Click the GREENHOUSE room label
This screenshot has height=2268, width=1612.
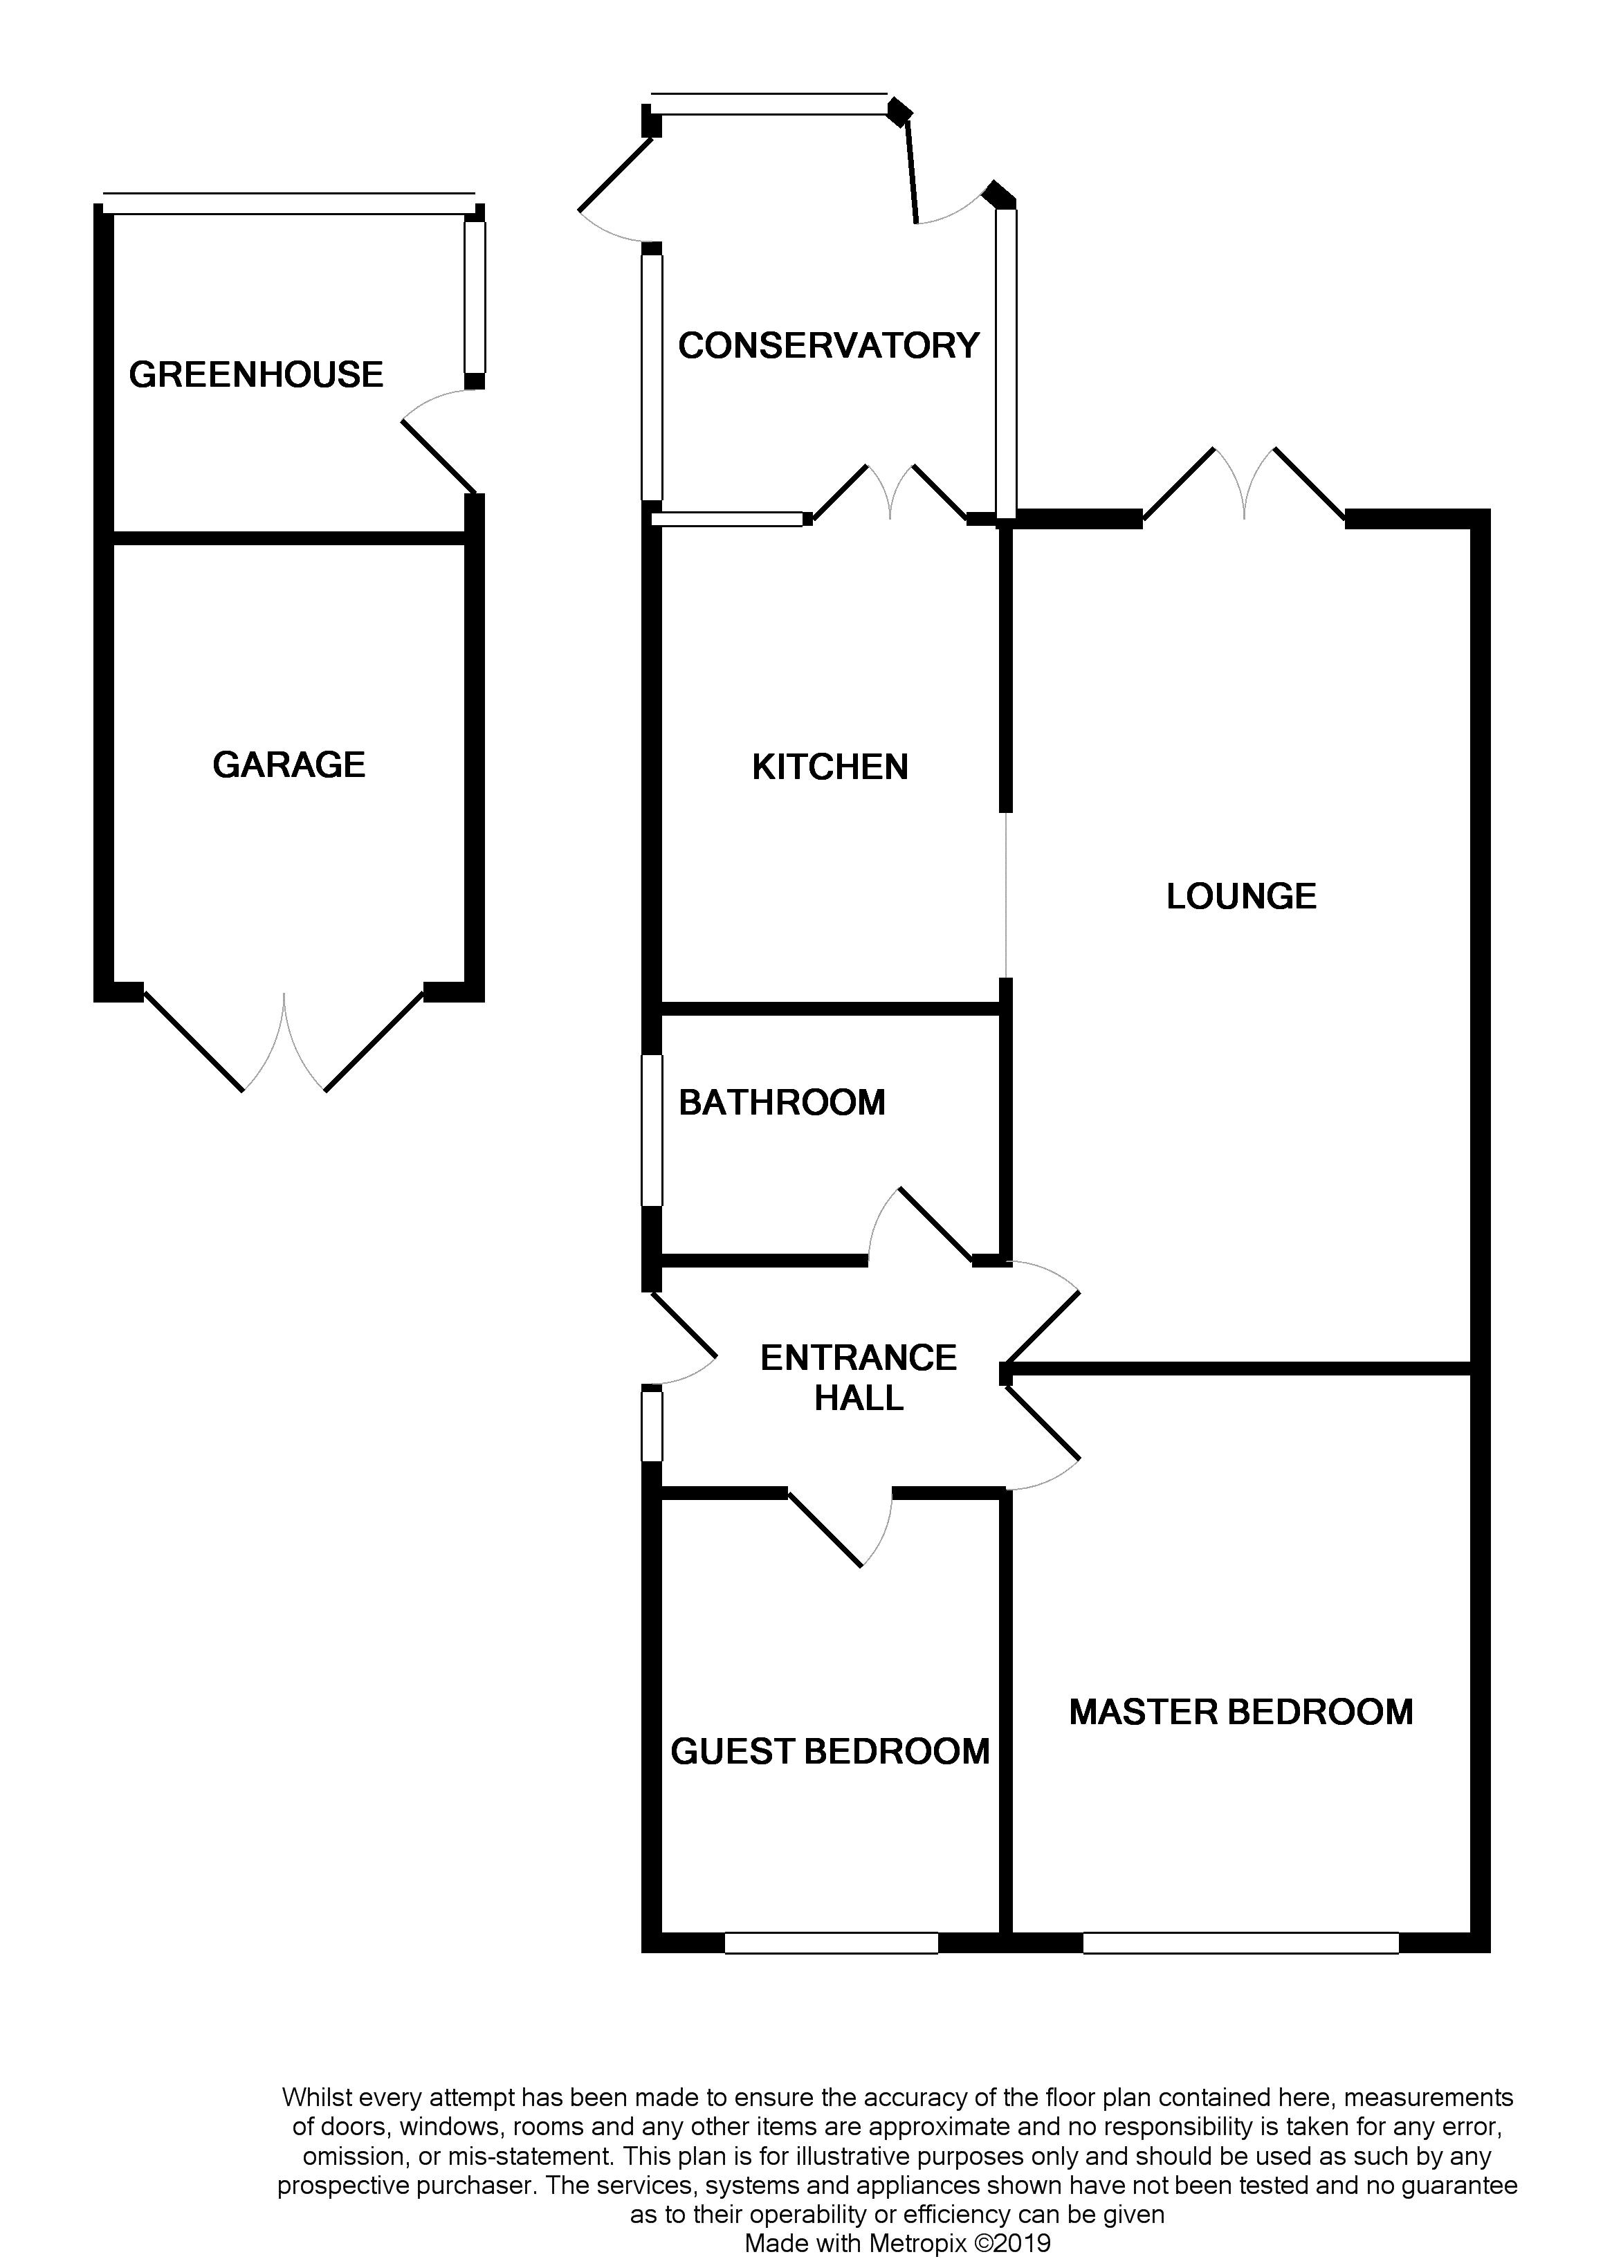tap(256, 374)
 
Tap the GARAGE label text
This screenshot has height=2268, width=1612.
tap(289, 765)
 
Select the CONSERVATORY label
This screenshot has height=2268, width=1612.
tap(829, 345)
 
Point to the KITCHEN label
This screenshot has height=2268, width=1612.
tap(830, 767)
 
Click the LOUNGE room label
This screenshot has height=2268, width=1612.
tap(1240, 896)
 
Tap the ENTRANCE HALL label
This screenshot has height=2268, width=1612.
tap(859, 1378)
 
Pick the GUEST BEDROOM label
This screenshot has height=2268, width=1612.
tap(830, 1752)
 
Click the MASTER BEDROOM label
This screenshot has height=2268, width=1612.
tap(1240, 1712)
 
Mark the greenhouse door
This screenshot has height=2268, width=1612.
tap(437, 447)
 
